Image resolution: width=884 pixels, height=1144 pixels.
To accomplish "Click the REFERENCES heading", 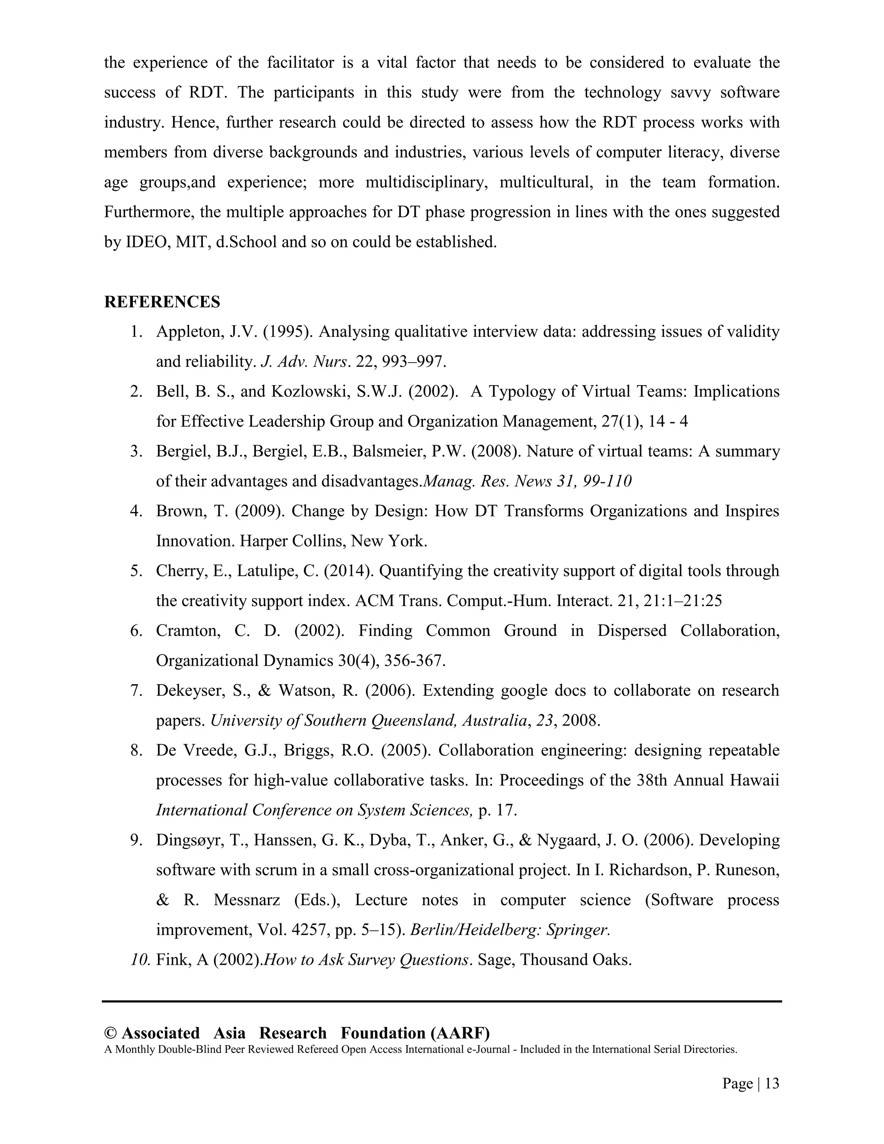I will [x=162, y=302].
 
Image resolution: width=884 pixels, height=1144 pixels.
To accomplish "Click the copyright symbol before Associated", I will [x=110, y=1033].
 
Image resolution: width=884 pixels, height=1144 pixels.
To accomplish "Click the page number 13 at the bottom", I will [x=771, y=1084].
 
